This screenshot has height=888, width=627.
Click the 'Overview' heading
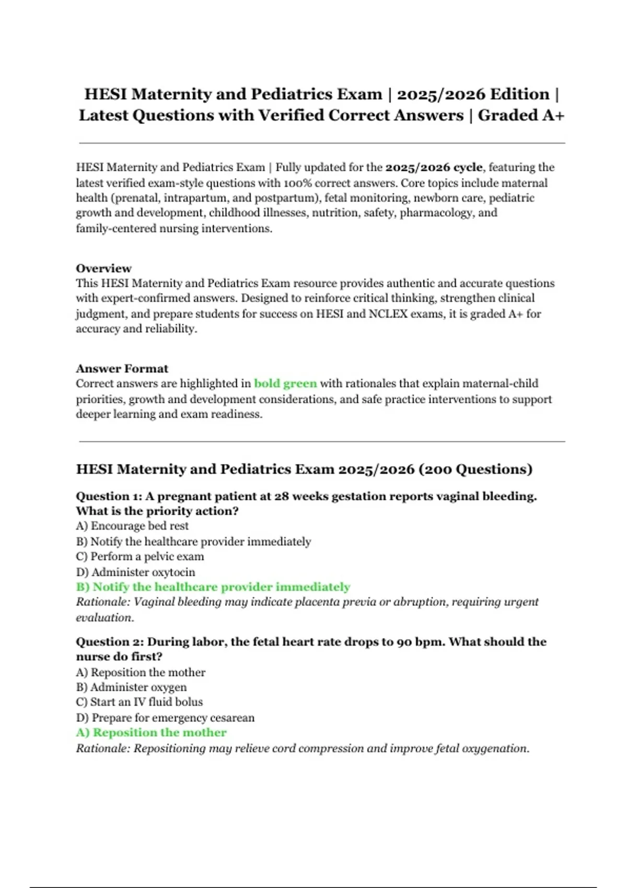[103, 268]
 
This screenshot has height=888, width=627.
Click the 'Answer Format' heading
[122, 369]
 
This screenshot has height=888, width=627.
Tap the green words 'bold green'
[285, 383]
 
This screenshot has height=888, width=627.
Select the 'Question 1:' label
[109, 496]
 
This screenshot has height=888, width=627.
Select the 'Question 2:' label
[109, 642]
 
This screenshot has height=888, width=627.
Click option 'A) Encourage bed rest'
[132, 526]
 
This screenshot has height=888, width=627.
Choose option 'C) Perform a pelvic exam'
[140, 556]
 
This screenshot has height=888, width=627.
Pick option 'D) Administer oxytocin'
[135, 572]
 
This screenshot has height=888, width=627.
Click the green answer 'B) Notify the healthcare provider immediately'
[213, 587]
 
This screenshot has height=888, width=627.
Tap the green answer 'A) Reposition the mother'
[152, 733]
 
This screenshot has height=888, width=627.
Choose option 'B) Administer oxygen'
[131, 687]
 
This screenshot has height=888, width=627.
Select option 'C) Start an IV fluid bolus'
[140, 702]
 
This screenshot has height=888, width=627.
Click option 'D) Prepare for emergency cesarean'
[165, 718]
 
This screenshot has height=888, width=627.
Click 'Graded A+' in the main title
[521, 115]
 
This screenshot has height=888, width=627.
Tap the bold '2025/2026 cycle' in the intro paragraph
[434, 168]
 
